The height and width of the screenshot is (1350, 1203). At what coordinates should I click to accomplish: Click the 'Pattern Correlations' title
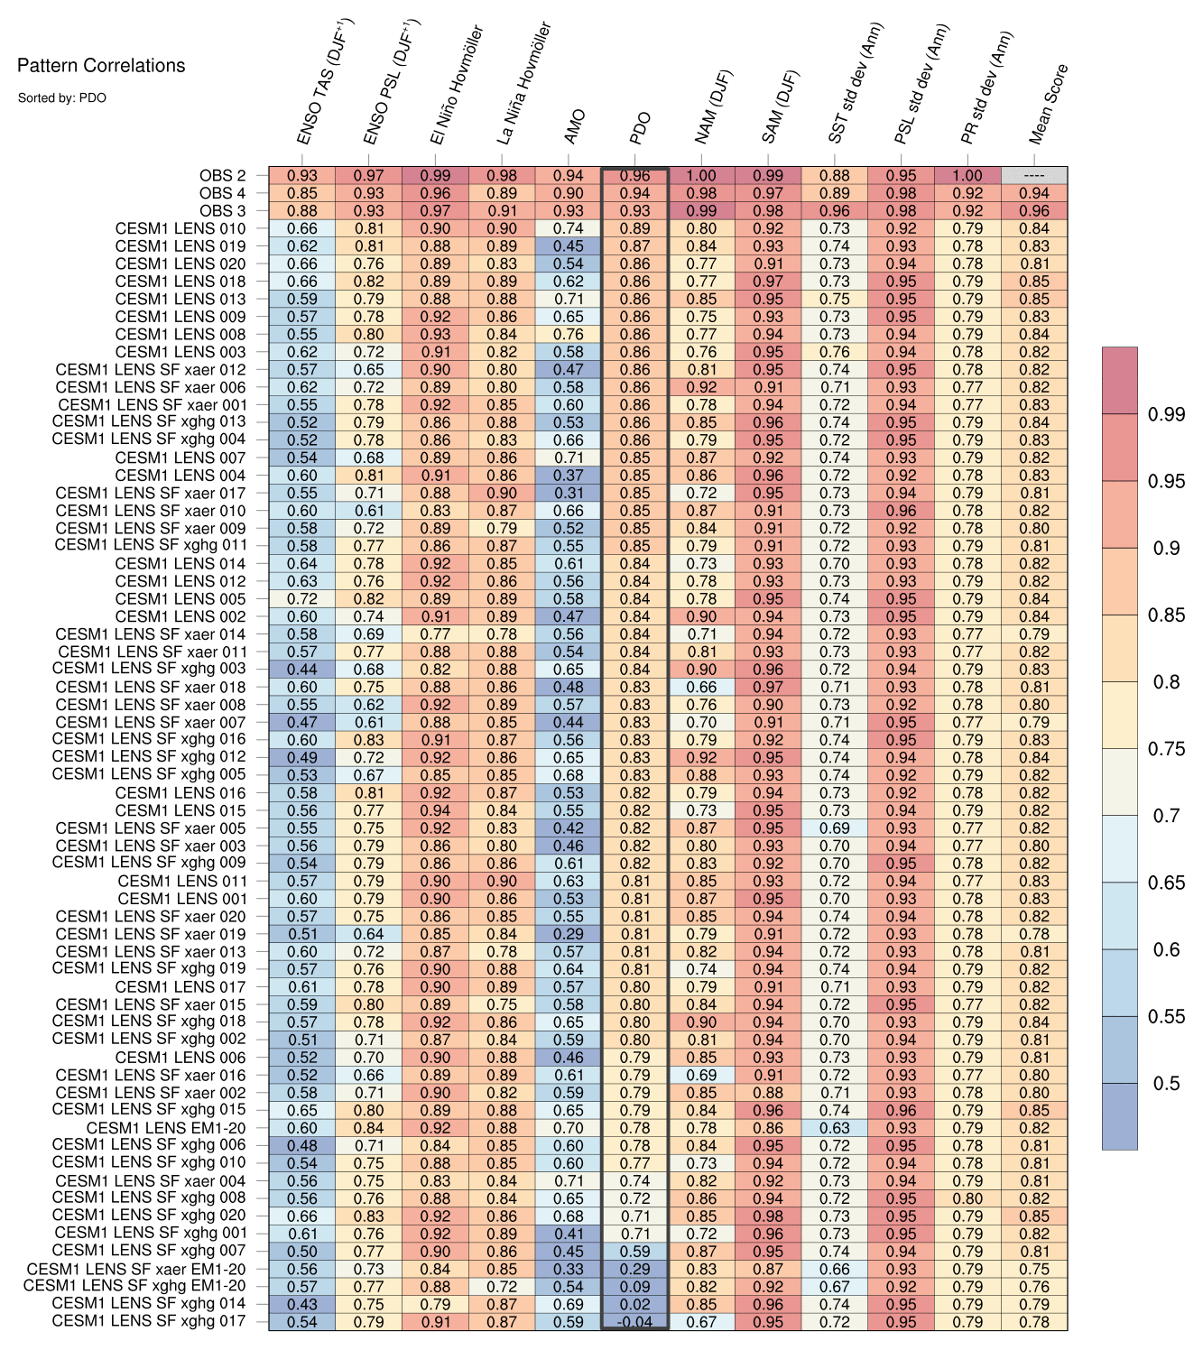click(x=101, y=66)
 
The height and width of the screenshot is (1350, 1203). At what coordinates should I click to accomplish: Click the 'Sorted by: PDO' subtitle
click(x=61, y=97)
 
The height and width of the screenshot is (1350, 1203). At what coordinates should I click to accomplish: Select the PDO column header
click(x=639, y=129)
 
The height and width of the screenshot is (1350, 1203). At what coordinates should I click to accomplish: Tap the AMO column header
click(x=574, y=127)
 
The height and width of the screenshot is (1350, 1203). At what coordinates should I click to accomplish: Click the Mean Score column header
click(x=1048, y=105)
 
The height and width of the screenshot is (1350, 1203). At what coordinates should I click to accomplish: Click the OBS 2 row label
click(x=223, y=176)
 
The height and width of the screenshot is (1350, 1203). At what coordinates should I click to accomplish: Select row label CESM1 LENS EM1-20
click(x=166, y=1128)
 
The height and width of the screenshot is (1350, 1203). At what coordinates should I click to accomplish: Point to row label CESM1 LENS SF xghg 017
click(x=149, y=1321)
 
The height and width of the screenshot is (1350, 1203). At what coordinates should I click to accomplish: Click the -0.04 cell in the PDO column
click(x=634, y=1322)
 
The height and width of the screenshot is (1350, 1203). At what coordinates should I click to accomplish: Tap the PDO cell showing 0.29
click(x=634, y=1269)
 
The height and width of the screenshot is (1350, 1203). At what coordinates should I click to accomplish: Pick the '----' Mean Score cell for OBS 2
click(x=1034, y=176)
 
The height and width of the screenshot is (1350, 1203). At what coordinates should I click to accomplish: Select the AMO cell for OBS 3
click(x=568, y=211)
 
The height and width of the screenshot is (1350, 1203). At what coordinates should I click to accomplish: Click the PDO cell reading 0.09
click(x=634, y=1287)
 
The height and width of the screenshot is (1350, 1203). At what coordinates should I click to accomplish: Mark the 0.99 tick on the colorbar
click(x=1165, y=414)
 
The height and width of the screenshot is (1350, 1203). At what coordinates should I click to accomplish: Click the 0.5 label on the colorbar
click(x=1165, y=1084)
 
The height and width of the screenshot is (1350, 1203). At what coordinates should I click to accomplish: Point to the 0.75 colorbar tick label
click(x=1165, y=749)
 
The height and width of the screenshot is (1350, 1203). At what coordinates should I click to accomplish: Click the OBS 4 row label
click(x=223, y=193)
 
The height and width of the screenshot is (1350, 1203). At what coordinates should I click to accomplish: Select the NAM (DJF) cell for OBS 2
click(x=701, y=176)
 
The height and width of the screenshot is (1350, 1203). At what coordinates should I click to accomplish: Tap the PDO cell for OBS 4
click(x=634, y=193)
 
